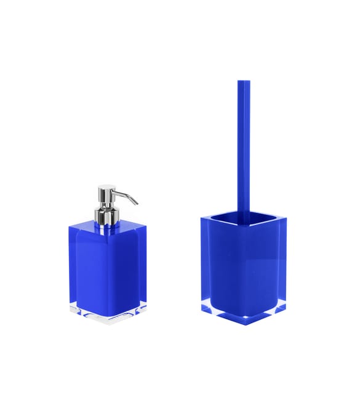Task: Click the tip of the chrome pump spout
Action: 137,202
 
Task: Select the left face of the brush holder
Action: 222,271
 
